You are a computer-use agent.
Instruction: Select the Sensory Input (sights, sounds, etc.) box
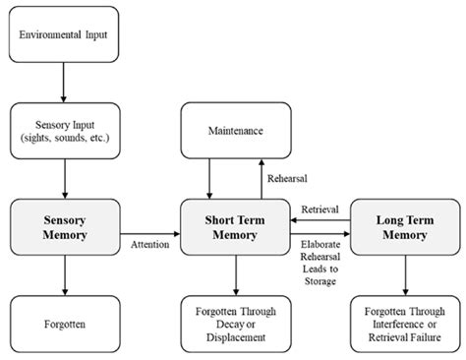point(64,133)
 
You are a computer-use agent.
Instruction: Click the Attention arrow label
point(150,244)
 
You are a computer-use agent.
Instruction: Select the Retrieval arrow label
point(320,210)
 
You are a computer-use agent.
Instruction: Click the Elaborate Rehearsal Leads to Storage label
point(320,260)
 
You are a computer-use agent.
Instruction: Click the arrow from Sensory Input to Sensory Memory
point(64,179)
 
